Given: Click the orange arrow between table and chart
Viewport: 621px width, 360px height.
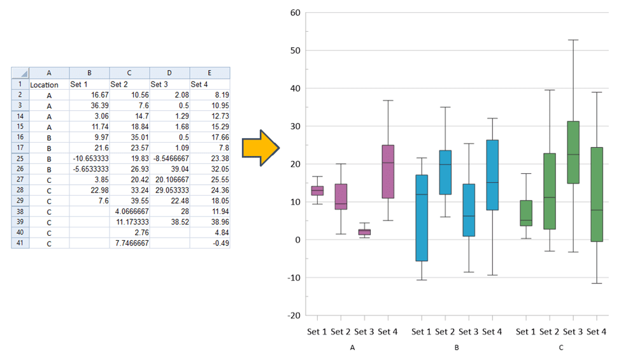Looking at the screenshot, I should click(261, 148).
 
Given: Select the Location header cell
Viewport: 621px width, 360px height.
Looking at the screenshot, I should click(44, 85).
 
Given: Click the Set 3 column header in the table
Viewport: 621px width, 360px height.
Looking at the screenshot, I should click(160, 84).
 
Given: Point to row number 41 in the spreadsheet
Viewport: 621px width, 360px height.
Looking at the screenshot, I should click(19, 243).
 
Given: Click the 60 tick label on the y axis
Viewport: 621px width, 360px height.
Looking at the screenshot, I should click(294, 13).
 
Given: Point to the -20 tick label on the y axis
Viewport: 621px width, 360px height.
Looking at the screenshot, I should click(293, 315).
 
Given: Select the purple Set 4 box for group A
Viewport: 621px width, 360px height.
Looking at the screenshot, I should click(387, 171).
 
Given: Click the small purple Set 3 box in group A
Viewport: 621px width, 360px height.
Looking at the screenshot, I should click(364, 232).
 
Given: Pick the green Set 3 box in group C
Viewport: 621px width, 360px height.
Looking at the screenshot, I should click(573, 152).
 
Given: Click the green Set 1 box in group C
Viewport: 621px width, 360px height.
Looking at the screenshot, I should click(525, 213).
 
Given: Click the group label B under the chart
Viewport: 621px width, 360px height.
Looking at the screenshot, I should click(457, 348).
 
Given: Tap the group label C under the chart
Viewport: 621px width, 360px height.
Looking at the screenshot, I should click(561, 348).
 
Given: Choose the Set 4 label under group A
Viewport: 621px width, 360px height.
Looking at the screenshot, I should click(387, 331).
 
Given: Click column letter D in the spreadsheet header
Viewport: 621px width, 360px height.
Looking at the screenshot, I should click(169, 73).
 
